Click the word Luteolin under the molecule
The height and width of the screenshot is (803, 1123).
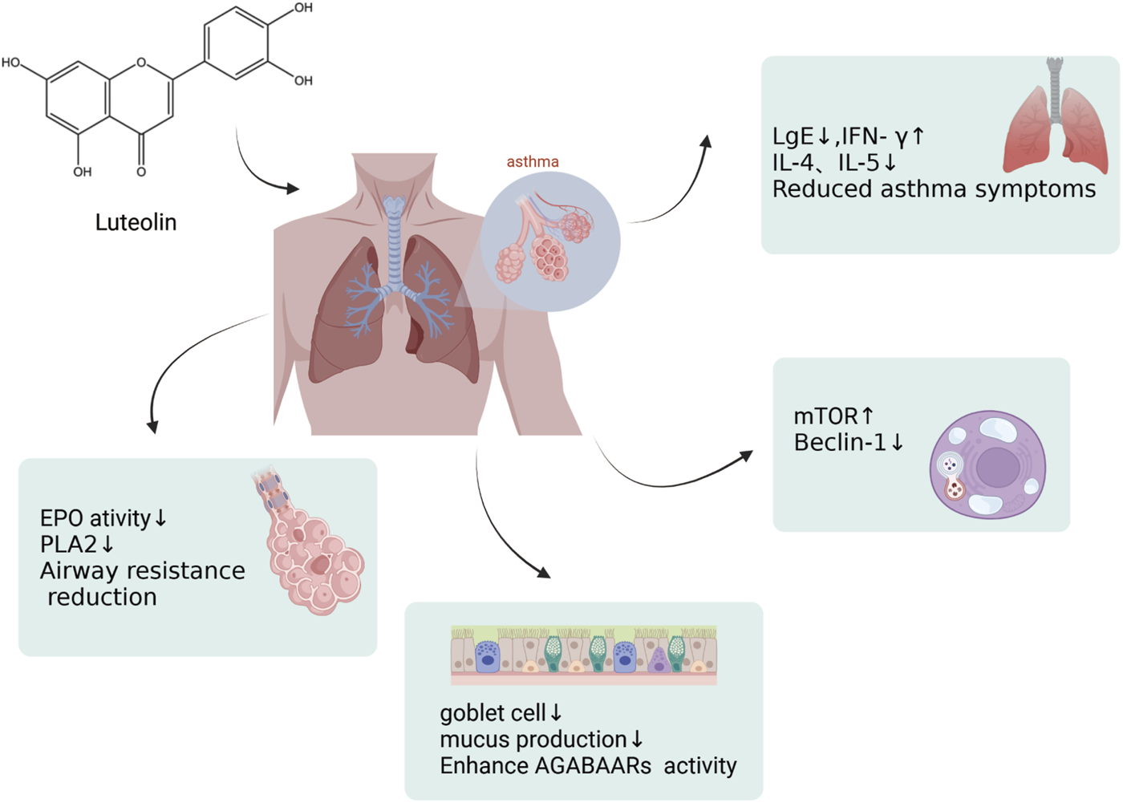point(136,222)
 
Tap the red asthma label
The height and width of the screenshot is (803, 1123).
point(533,161)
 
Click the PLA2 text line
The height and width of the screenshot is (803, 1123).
point(68,544)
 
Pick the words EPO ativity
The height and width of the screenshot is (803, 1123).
point(95,517)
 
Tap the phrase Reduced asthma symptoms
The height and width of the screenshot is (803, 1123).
point(934,189)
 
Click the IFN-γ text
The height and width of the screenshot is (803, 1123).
point(883,136)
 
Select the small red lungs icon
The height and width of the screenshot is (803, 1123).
point(1055,120)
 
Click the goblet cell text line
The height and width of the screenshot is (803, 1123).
point(492,712)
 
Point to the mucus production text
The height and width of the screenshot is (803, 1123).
point(533,739)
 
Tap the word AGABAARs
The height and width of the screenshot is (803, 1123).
point(593,765)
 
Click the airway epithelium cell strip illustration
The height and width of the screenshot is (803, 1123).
point(583,655)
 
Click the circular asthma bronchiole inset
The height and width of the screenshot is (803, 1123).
point(550,241)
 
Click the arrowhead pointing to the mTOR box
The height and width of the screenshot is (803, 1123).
point(746,456)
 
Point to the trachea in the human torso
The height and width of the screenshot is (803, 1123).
point(394,241)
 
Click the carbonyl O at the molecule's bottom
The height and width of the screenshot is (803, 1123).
point(141,172)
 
